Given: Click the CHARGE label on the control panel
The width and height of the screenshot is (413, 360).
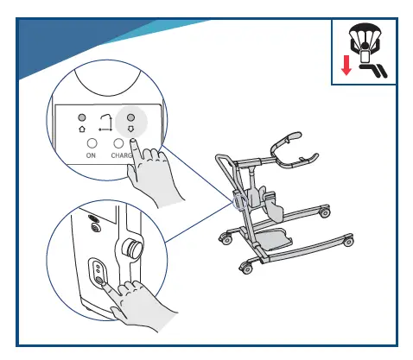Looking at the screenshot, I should coord(121,156).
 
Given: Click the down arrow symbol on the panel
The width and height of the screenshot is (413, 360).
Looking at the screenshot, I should coord(131,130).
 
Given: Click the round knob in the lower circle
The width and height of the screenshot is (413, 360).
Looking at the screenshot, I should coord(133,248).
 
